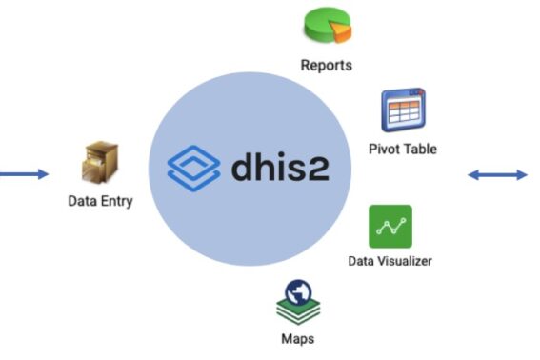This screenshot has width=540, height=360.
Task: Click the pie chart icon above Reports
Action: coord(327,26)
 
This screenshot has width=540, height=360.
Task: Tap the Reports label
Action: coord(326,66)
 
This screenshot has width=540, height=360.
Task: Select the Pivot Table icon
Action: coord(402,110)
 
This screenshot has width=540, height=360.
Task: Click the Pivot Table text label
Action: coord(402,150)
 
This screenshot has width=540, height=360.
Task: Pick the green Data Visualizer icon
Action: coord(390,226)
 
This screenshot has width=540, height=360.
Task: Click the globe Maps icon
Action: coord(298,301)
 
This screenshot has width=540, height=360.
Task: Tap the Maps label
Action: coord(298,339)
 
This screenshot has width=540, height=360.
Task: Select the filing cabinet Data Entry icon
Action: coord(100,165)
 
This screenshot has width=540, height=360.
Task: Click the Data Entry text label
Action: coord(100,202)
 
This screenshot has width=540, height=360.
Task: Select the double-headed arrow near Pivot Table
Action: coord(497,174)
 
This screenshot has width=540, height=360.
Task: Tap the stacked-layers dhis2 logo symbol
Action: coord(194,168)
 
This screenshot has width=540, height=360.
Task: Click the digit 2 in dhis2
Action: coord(338,168)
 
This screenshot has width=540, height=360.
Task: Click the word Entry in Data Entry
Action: coord(115,202)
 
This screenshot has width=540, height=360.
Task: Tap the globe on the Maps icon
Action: coord(299,291)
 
